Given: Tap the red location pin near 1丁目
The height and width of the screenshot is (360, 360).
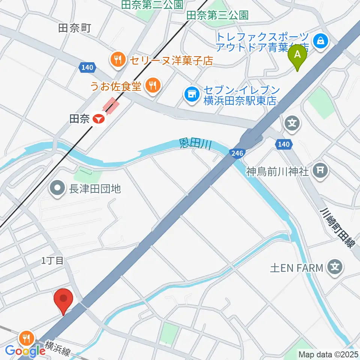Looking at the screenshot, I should point(63,300).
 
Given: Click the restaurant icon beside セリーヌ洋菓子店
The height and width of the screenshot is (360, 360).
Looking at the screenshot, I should point(118,59).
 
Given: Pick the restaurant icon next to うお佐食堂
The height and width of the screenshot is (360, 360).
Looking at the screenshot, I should point(152,86).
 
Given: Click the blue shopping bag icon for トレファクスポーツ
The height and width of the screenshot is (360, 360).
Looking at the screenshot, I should point(321,40).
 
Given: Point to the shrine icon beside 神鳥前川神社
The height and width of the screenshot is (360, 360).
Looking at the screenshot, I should point(321,171).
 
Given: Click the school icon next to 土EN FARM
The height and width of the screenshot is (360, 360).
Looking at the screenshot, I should point(334,268).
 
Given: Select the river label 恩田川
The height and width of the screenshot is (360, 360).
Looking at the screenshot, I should point(195,144).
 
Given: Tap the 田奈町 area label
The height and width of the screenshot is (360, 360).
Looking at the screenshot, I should point(75,28).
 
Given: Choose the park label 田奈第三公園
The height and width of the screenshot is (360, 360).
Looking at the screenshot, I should point(217,15).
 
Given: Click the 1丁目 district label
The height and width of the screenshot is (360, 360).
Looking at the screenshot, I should point(52,261).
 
